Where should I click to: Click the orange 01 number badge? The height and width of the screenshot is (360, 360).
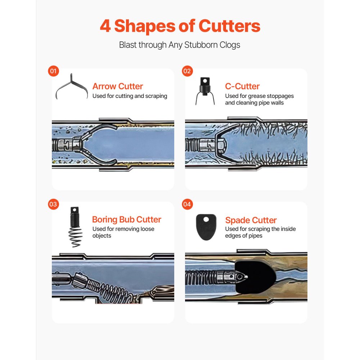click(53, 71)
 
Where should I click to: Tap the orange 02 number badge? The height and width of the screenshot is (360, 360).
click(187, 71)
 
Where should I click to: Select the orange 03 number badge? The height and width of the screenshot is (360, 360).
click(53, 204)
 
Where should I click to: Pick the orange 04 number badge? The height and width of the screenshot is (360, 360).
click(187, 204)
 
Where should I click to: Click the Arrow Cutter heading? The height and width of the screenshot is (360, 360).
click(118, 86)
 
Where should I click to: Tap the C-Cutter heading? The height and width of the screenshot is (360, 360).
click(242, 86)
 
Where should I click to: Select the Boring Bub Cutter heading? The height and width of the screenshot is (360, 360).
click(126, 220)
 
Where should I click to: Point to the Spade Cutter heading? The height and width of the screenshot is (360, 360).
click(251, 220)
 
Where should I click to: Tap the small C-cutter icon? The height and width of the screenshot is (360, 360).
click(205, 91)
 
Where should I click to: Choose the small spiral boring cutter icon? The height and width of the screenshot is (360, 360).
click(75, 227)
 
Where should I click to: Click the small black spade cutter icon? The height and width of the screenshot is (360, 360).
click(206, 227)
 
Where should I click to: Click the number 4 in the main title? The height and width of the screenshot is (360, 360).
click(105, 26)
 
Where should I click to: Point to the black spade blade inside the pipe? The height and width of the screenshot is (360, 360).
click(255, 277)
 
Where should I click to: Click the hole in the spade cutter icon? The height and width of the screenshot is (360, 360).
click(206, 220)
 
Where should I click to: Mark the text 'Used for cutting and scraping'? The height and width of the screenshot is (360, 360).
click(130, 96)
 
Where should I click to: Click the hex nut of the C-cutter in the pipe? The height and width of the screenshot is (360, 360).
click(221, 145)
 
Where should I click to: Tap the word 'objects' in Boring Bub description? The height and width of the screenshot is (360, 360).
click(102, 236)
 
